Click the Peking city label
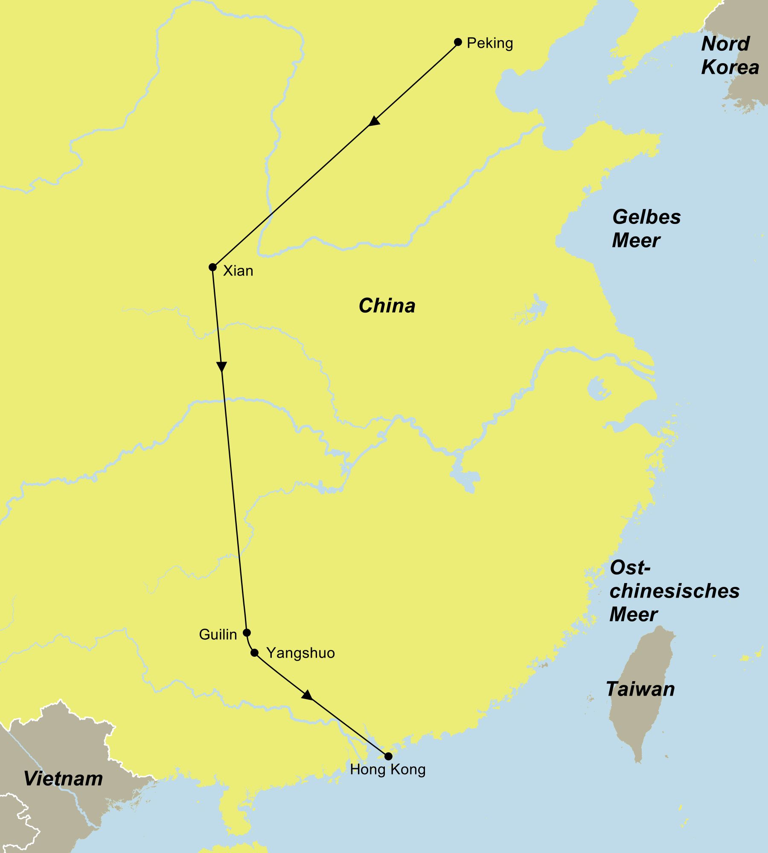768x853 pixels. click(x=489, y=44)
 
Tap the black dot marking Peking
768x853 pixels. click(x=458, y=42)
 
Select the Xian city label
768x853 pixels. click(x=238, y=271)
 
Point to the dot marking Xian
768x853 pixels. click(x=212, y=267)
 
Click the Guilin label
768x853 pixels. click(x=218, y=635)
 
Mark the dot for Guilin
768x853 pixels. click(x=247, y=632)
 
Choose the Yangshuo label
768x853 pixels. click(x=300, y=653)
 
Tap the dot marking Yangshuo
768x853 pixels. click(x=255, y=653)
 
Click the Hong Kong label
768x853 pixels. click(x=387, y=770)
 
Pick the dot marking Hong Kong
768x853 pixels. click(x=388, y=756)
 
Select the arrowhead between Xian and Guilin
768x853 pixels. click(x=221, y=367)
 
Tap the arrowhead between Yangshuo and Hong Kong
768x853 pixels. click(x=307, y=695)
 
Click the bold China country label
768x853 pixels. click(x=387, y=306)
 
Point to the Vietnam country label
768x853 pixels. click(x=63, y=779)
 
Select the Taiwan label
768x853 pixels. click(x=640, y=689)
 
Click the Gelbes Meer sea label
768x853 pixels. click(x=646, y=229)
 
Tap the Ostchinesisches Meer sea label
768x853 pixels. click(x=674, y=591)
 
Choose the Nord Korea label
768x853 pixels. click(x=730, y=55)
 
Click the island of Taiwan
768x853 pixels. click(x=640, y=725)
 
